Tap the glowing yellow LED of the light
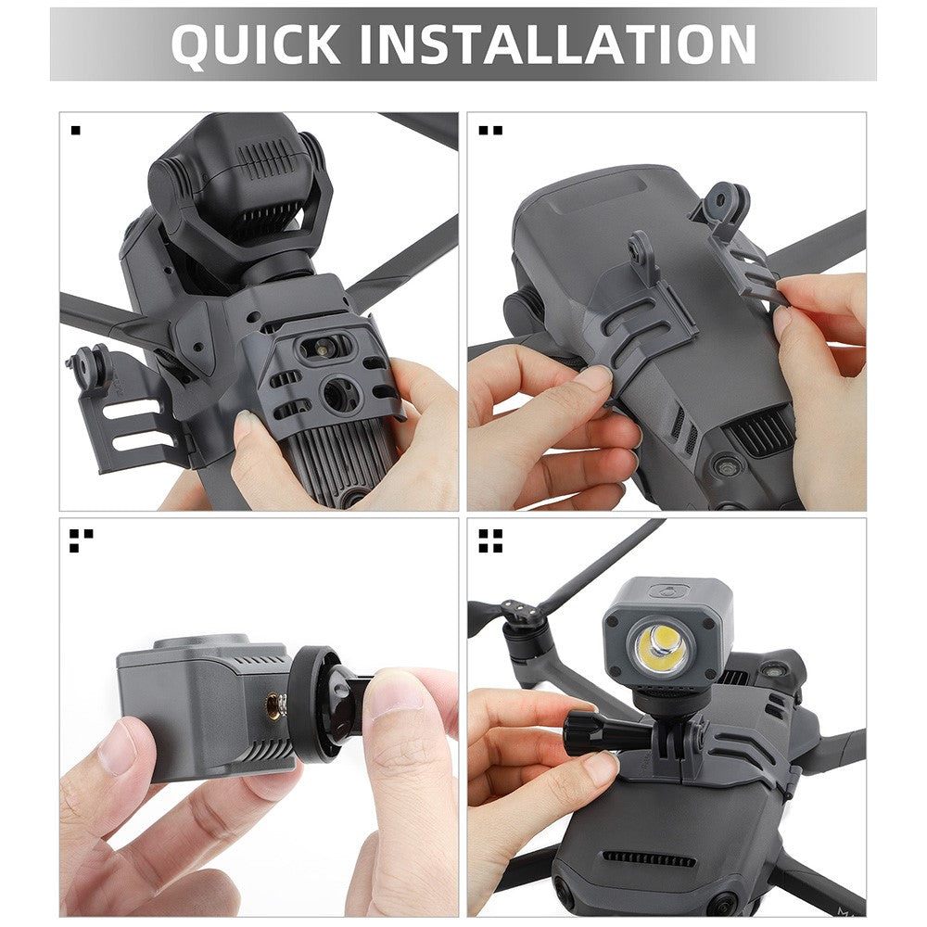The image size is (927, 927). [661, 645]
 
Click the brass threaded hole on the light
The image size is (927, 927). [273, 705]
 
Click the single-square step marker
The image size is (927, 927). [75, 130]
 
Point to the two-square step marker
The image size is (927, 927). [490, 130]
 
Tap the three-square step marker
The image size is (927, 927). [81, 540]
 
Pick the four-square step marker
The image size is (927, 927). [490, 540]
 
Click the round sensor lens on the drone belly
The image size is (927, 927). [339, 393]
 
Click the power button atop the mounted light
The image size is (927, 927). [670, 590]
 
